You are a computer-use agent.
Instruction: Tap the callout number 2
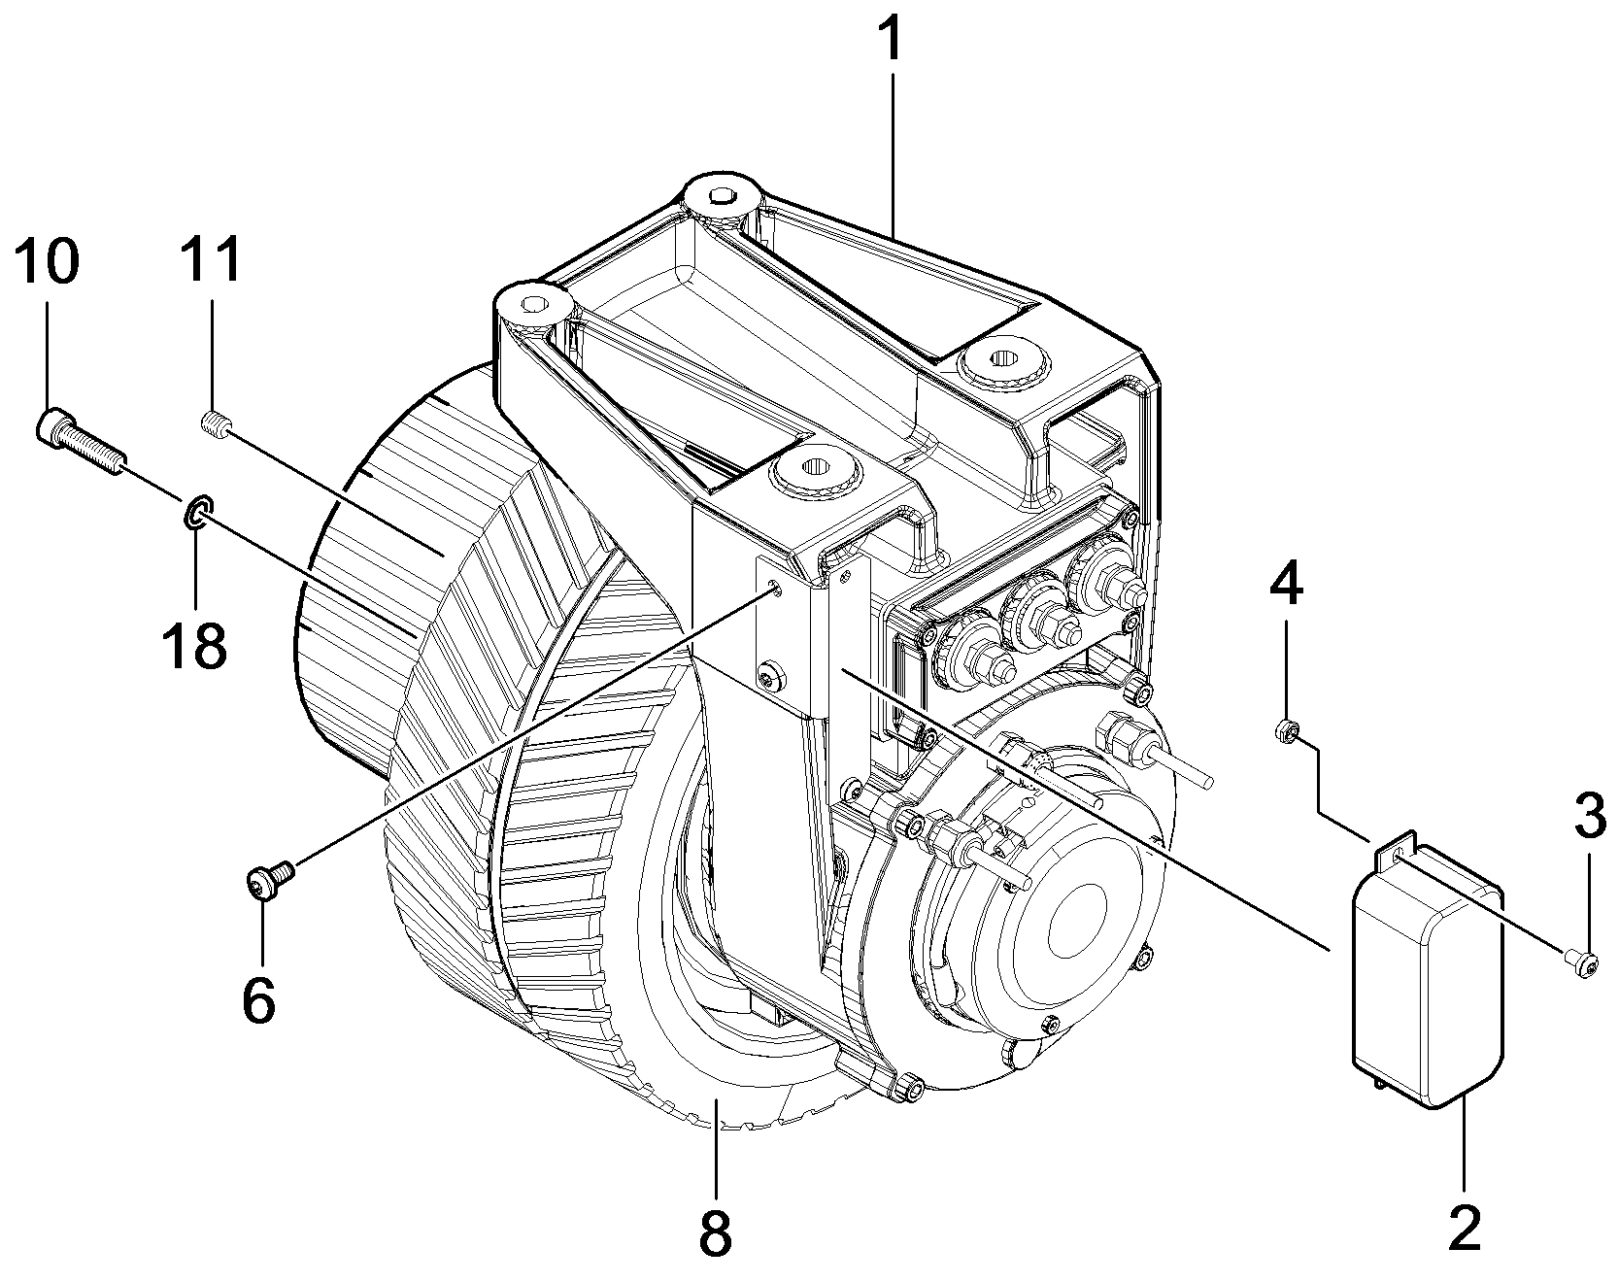coord(1464,1228)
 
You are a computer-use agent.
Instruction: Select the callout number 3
coord(1589,817)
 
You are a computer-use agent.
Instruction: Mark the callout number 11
coord(212,263)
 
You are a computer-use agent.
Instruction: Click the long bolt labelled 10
coord(81,442)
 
